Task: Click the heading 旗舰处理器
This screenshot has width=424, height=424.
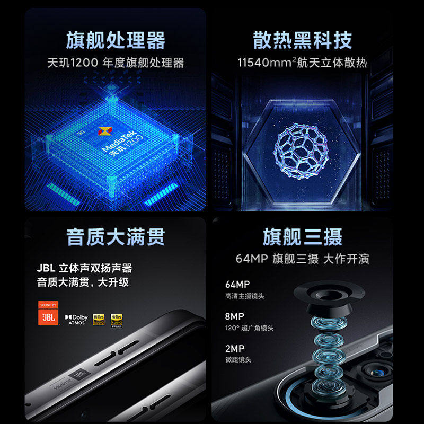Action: point(115,40)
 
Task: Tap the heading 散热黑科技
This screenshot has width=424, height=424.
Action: point(303,40)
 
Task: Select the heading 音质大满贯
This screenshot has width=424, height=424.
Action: point(115,237)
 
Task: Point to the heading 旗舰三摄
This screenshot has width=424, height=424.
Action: point(303,237)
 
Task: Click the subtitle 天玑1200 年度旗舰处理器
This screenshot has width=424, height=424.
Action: point(115,63)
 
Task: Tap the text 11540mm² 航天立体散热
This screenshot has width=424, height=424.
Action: point(303,63)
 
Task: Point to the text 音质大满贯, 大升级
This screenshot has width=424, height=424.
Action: point(83,282)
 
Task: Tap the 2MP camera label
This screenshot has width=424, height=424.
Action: point(234,350)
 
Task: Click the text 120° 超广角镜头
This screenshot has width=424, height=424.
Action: point(249,329)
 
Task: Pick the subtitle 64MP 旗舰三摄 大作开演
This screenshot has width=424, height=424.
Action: point(303,259)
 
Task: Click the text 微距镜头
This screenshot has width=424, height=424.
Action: point(238,360)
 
